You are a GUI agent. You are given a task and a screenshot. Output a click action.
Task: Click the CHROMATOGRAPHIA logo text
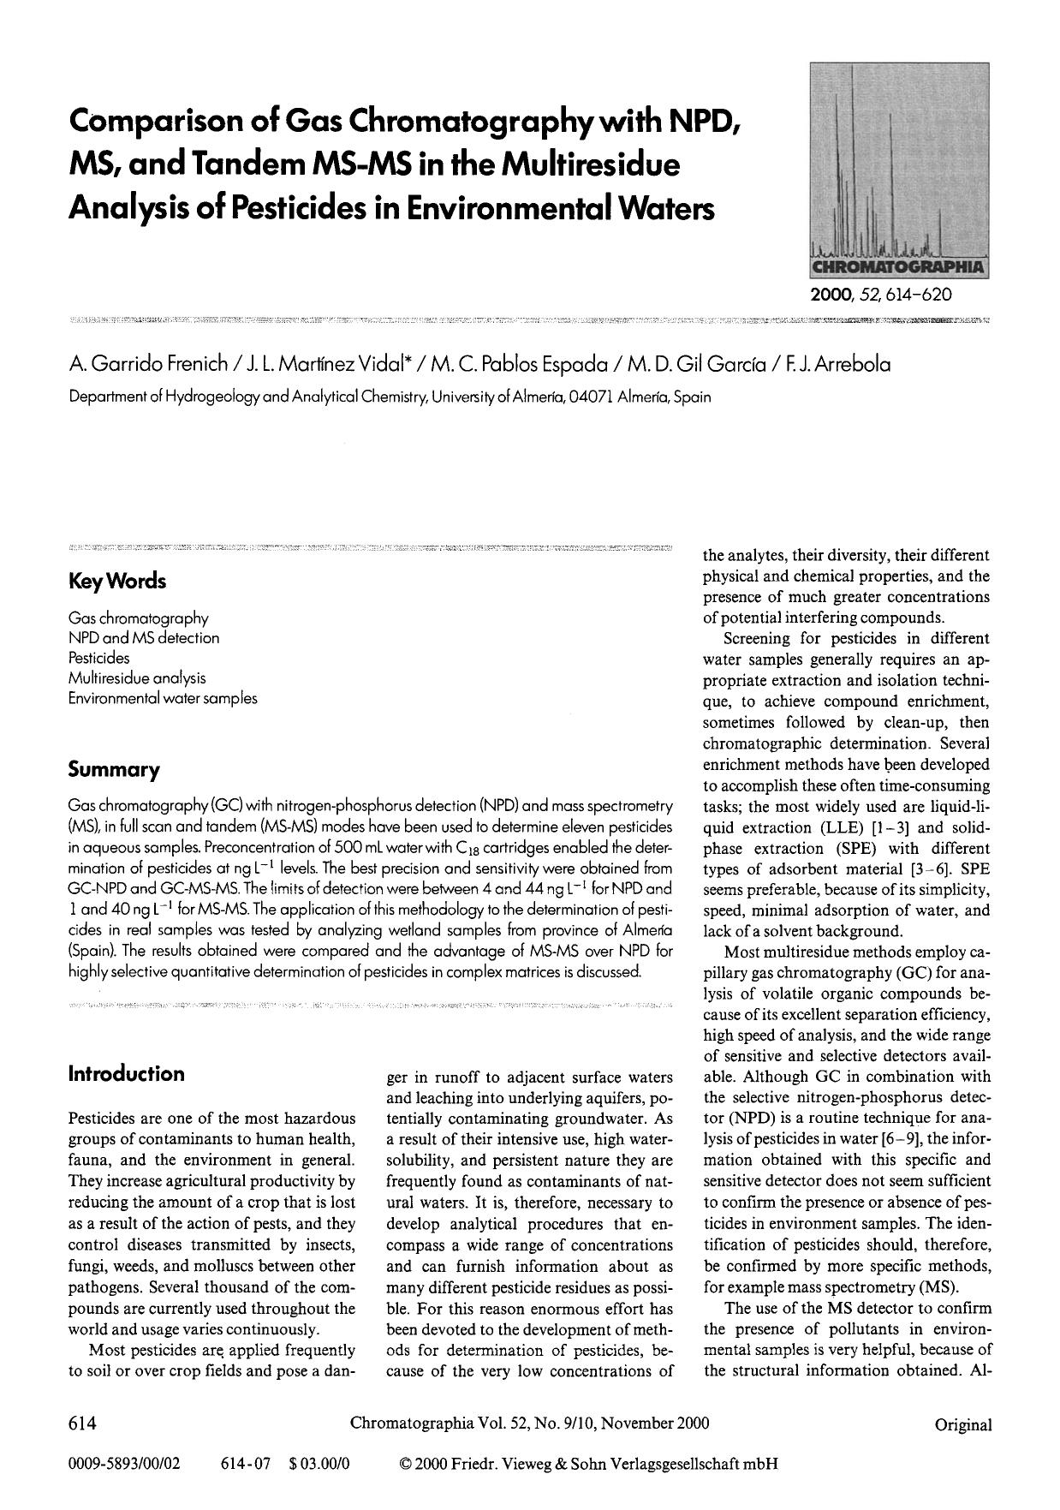click(898, 266)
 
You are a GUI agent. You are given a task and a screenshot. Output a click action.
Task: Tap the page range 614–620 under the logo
click(914, 294)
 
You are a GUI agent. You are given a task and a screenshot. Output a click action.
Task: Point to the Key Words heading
click(116, 582)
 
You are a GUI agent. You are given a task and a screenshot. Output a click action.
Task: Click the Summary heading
click(113, 770)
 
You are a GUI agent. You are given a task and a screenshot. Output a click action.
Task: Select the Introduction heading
click(126, 1074)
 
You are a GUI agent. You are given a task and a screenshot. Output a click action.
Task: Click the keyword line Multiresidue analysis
click(137, 677)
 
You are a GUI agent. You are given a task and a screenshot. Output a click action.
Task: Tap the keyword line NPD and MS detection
click(144, 638)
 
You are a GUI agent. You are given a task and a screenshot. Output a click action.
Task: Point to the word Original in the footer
click(963, 1425)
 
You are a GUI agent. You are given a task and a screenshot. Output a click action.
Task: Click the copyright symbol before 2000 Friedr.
click(406, 1464)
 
